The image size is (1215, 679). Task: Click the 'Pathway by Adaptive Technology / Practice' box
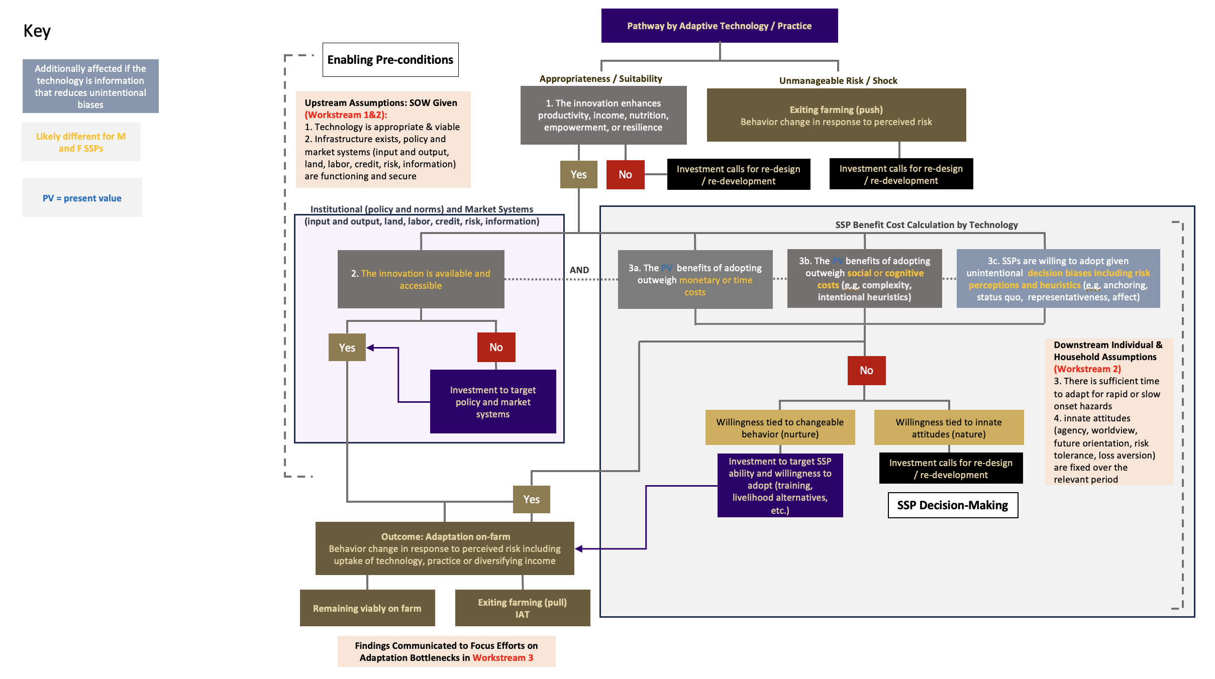(719, 26)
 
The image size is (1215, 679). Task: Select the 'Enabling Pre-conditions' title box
(390, 60)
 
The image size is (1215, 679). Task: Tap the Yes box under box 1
(578, 174)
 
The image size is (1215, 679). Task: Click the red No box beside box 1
(625, 174)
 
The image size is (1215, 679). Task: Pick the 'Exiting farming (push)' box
(836, 116)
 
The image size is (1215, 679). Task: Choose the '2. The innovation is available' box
(421, 279)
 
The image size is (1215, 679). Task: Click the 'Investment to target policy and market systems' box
(492, 402)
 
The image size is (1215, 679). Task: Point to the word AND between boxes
(579, 270)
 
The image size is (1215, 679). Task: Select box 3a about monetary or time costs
(695, 280)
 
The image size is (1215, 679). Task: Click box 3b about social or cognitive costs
(864, 279)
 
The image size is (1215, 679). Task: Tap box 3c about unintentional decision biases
(1058, 279)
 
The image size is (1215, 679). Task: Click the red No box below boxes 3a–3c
(866, 371)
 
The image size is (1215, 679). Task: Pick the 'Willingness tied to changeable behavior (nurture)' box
(780, 428)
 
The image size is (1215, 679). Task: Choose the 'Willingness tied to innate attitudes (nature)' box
(949, 428)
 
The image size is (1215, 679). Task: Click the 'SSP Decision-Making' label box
(953, 505)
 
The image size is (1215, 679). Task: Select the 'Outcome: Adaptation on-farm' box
(444, 548)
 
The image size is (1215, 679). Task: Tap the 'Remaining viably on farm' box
(367, 608)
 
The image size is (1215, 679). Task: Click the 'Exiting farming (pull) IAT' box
(522, 608)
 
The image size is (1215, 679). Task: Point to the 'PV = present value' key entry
(82, 198)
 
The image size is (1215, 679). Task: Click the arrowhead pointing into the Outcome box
(579, 549)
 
